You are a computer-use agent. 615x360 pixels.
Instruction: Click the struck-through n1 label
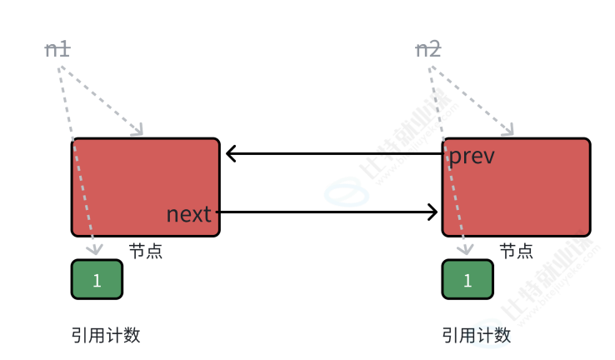(57, 50)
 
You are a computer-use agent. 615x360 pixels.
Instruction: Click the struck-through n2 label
(428, 50)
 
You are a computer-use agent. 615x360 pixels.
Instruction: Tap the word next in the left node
(189, 213)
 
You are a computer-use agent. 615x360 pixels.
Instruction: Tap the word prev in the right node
(472, 156)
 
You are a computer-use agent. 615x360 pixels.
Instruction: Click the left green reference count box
(97, 279)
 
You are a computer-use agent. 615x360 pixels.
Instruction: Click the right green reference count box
(467, 279)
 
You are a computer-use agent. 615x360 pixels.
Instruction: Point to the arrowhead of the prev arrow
(230, 153)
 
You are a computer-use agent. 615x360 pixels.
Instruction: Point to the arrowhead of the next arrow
(433, 212)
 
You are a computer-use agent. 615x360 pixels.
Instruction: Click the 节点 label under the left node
(145, 251)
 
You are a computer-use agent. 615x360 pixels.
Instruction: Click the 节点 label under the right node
(516, 251)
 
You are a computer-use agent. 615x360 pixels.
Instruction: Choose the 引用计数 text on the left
(105, 335)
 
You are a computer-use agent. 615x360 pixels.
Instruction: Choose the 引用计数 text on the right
(476, 335)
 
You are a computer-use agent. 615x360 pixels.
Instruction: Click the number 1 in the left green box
(97, 280)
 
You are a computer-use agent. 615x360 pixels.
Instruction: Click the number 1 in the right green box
(467, 280)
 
